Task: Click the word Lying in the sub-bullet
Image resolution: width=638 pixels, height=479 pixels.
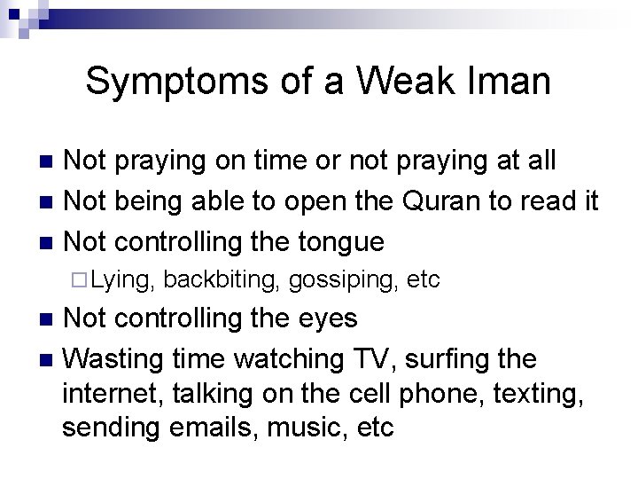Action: tap(124, 281)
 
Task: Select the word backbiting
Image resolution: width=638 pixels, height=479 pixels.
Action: tap(222, 281)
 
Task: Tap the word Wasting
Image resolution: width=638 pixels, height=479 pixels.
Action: tap(115, 359)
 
